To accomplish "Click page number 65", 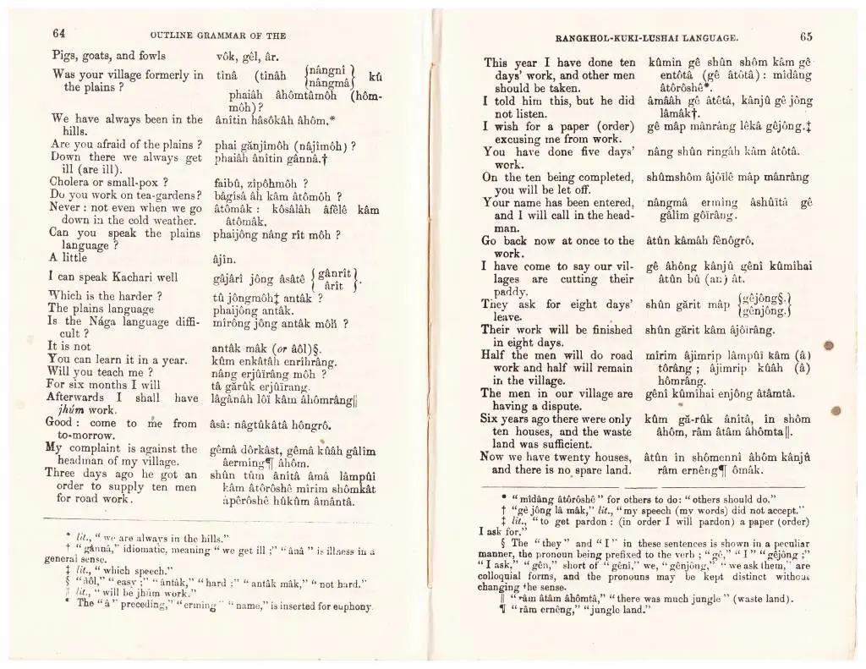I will (x=804, y=36).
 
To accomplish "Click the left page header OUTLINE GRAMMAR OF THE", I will (x=217, y=36).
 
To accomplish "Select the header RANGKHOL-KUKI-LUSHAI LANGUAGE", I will (x=648, y=38).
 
